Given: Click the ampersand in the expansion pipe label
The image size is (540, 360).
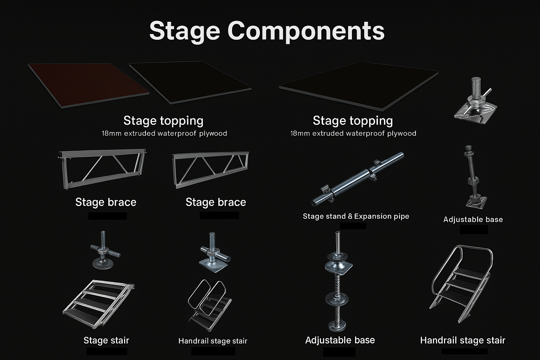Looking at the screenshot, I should (x=350, y=216).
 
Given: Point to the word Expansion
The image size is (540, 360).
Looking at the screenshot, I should (x=372, y=216).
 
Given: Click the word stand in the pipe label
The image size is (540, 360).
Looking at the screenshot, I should (x=336, y=216).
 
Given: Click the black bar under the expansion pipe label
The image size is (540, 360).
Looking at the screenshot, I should (x=353, y=226).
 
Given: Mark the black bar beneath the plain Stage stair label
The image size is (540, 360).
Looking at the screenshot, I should (x=107, y=351).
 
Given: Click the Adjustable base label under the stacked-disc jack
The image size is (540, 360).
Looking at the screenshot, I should (x=340, y=340).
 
